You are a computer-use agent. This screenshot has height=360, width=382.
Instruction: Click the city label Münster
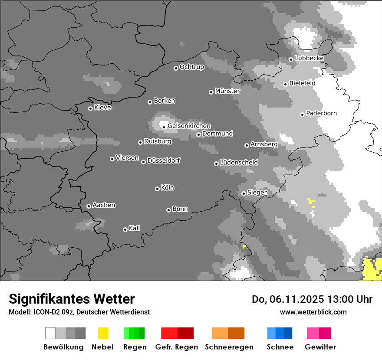pos(227,91)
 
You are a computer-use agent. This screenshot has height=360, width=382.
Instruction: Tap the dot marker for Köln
pos(157,189)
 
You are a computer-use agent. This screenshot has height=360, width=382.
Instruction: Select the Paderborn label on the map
pos(321,114)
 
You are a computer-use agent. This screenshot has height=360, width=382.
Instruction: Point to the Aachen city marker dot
pos(89,206)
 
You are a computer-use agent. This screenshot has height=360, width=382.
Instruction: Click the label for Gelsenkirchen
pos(189,126)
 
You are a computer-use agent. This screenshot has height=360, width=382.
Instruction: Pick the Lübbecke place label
pos(309,58)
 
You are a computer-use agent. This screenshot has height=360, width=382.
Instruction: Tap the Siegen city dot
pos(244,193)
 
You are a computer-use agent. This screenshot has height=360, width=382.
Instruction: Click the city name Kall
pos(134,228)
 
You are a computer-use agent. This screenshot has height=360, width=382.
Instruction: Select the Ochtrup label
pos(191,67)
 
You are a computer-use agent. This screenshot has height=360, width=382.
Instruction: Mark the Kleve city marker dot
pos(90,108)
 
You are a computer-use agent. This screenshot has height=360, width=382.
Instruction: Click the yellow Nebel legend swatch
pos(103,333)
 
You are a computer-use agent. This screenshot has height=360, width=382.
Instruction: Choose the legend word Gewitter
pos(320,347)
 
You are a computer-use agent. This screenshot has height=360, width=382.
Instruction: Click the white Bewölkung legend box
pos(50,333)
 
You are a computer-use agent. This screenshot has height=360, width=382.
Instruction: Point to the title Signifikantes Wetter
pos(72,299)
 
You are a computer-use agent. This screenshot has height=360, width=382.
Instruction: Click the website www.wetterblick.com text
pos(313,312)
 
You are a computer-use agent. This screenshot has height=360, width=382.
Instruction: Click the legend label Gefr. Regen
pos(177,347)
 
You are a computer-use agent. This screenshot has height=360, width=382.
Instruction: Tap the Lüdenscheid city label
pos(239,163)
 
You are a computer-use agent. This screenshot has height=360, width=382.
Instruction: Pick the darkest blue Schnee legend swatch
pos(288,333)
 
